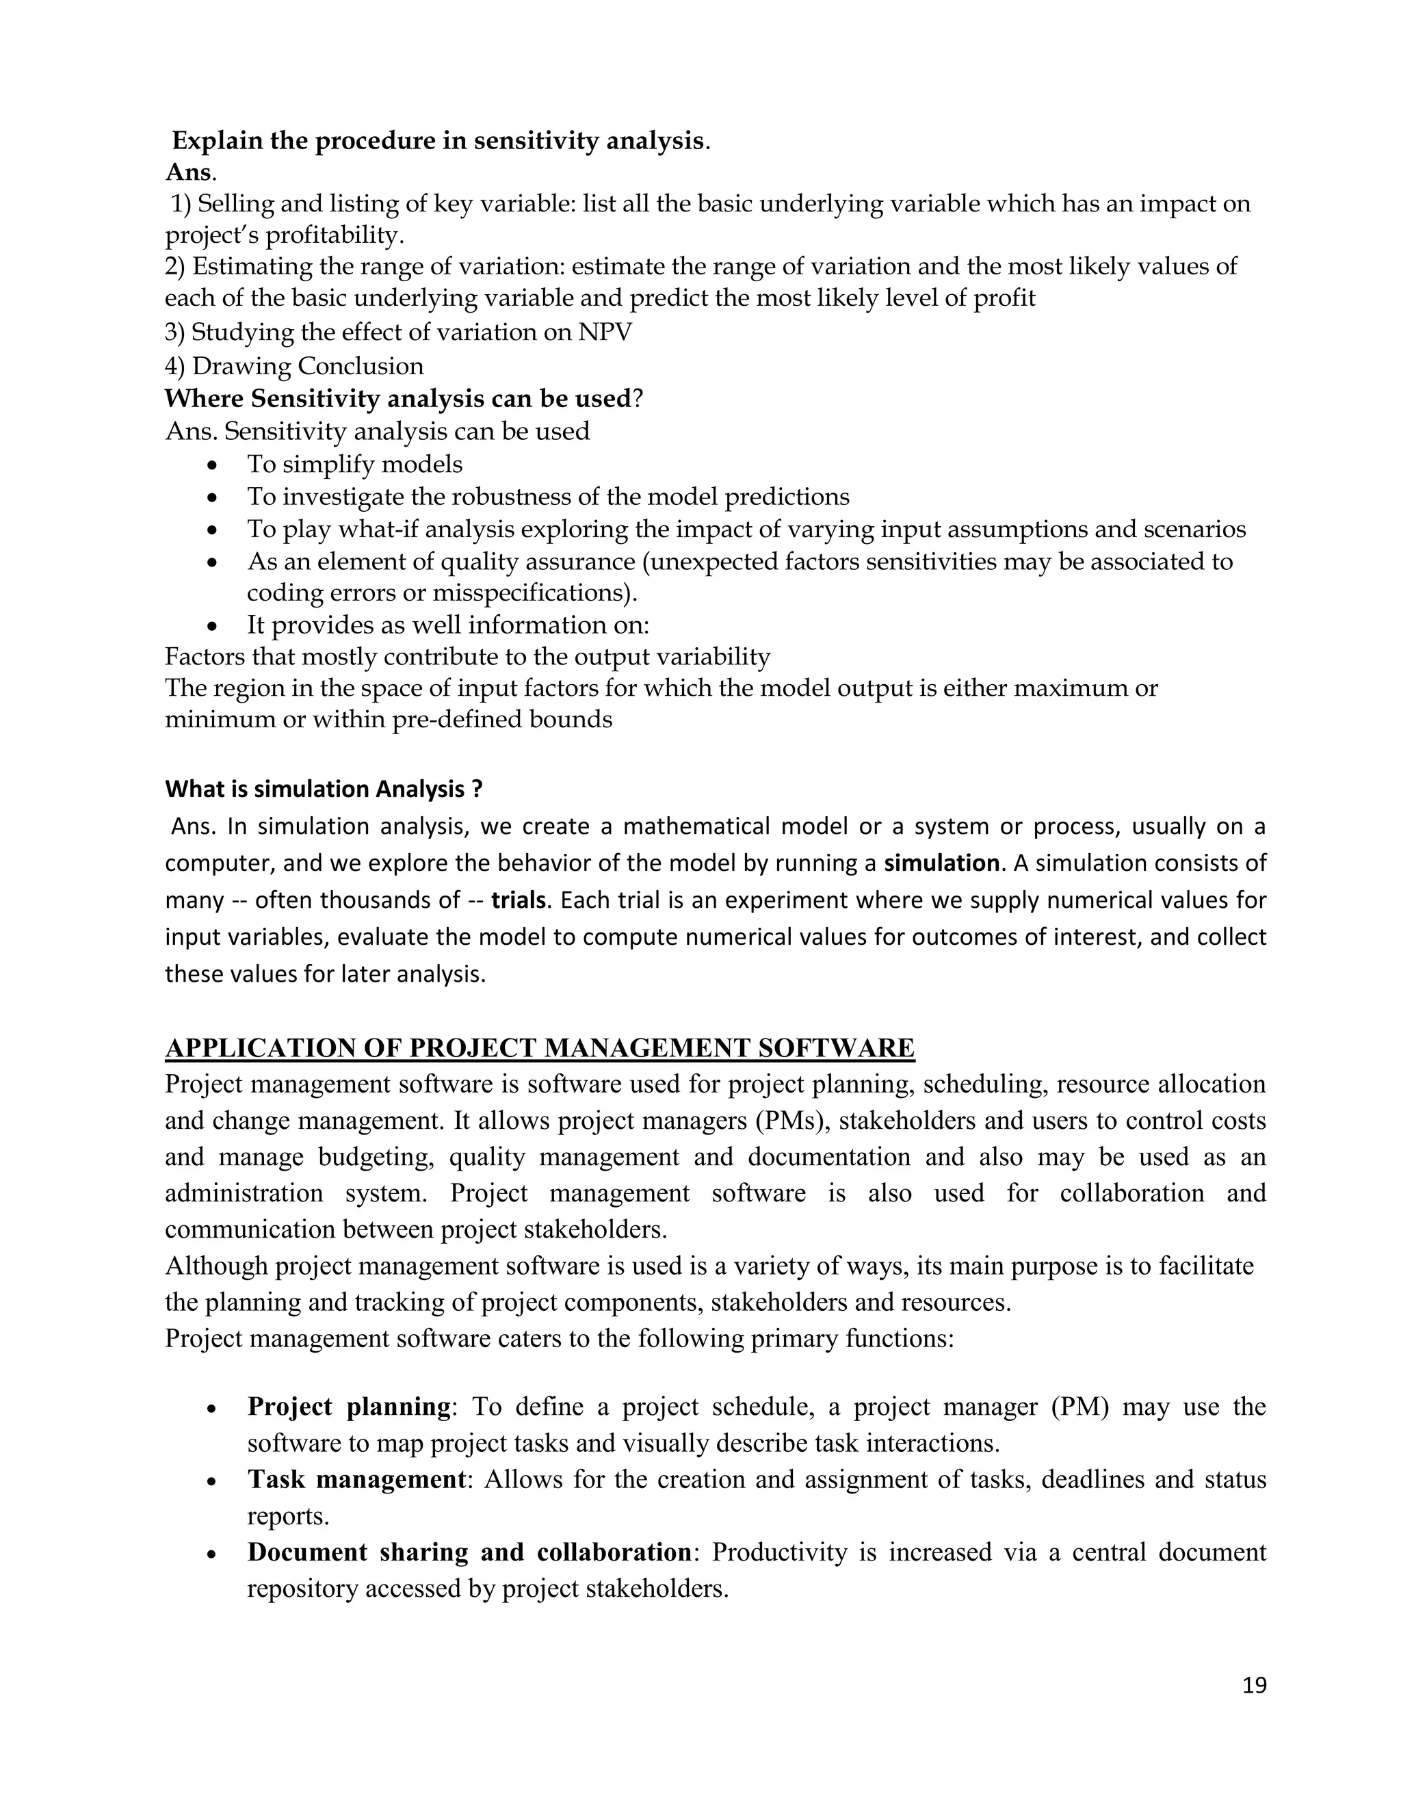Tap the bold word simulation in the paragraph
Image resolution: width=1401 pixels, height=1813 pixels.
941,863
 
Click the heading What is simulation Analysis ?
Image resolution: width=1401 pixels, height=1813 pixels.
324,789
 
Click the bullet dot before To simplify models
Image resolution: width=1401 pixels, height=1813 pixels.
213,467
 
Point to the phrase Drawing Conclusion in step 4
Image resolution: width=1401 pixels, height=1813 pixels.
308,366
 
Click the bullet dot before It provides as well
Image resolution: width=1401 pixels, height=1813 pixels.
213,627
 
